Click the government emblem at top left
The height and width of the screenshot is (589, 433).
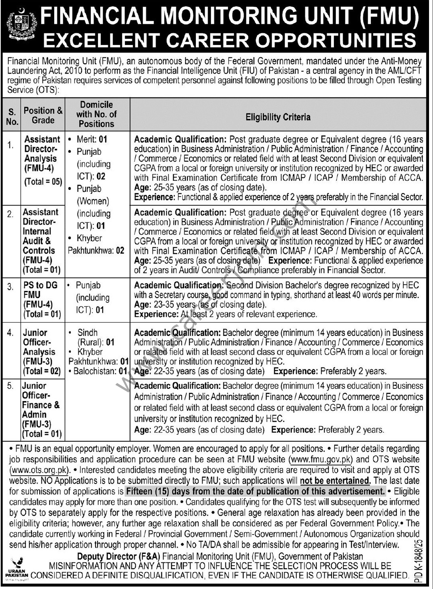(20, 26)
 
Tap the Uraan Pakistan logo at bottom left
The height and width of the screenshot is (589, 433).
(17, 568)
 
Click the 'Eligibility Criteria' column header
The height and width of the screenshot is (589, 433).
(278, 117)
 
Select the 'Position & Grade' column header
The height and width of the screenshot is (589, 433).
(43, 115)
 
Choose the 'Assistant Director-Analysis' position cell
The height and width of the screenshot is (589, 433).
(42, 154)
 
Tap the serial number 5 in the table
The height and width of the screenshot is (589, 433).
(10, 386)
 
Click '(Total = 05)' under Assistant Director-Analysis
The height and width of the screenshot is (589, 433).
(43, 181)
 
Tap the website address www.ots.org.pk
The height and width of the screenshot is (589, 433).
(39, 470)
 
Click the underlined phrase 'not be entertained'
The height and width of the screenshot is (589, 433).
(335, 481)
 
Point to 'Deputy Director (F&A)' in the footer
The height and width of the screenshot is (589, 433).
(119, 556)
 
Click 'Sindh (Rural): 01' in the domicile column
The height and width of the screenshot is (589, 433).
(96, 337)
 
